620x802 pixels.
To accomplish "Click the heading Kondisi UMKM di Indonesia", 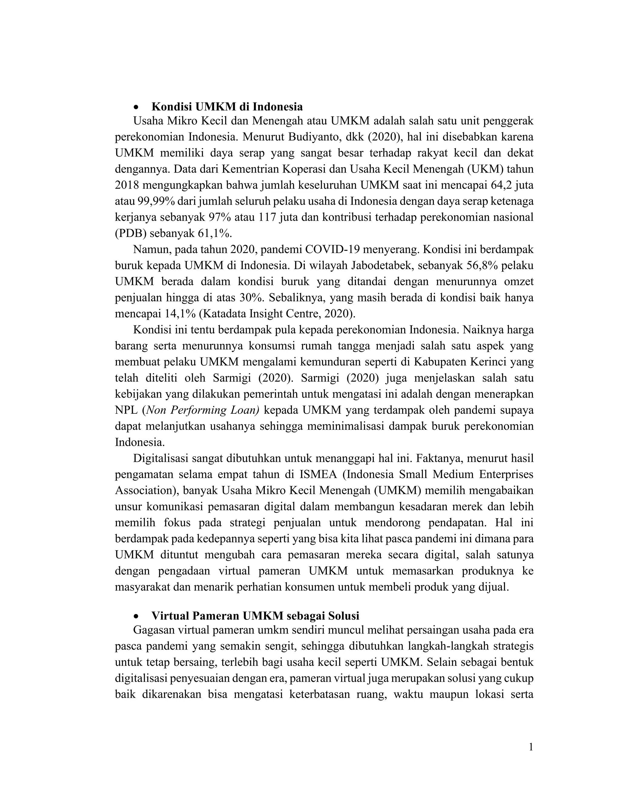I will pos(227,107).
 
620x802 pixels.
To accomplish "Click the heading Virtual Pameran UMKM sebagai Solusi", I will pos(255,616).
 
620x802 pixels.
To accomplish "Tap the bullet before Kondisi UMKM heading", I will pos(137,107).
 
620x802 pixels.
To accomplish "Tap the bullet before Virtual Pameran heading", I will pos(137,616).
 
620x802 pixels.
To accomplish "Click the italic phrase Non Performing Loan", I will pos(203,410).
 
